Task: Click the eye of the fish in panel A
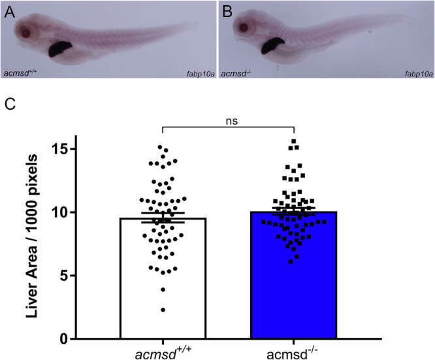tap(26, 31)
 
